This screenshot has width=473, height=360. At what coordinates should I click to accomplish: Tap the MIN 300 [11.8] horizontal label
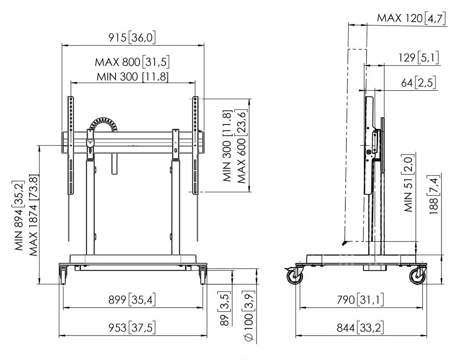(132, 77)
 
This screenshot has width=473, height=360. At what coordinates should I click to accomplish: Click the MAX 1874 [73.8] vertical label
(34, 215)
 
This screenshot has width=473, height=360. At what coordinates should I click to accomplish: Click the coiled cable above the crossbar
(103, 125)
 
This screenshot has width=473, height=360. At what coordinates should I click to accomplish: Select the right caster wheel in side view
(417, 276)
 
